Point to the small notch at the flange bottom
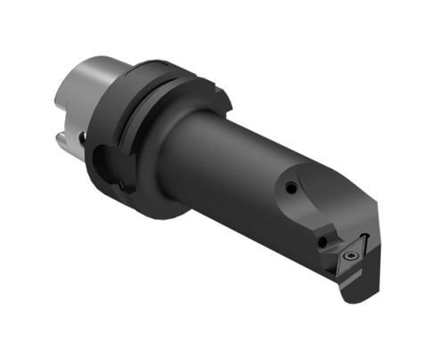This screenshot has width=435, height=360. (126, 188)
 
